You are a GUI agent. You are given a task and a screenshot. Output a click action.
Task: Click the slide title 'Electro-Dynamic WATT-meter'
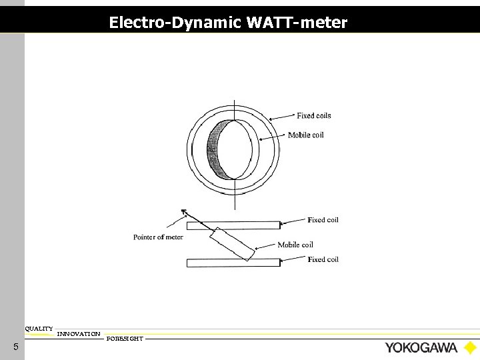coord(228,23)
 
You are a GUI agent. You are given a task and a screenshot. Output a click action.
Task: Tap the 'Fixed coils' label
coord(313,115)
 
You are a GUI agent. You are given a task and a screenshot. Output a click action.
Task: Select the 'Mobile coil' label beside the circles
coord(305,135)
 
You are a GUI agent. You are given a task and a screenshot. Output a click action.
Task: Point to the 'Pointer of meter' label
coord(158,237)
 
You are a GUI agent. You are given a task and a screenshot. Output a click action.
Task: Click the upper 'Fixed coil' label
coord(323,220)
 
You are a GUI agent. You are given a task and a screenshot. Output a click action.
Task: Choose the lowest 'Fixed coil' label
coord(323,259)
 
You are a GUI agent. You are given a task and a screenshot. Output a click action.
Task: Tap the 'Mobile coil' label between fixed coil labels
coord(295,245)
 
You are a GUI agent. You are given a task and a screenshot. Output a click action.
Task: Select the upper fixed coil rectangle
coord(233,225)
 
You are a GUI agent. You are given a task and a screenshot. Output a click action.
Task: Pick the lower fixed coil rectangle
coord(233,263)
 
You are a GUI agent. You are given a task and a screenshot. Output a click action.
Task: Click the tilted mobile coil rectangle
coord(232,244)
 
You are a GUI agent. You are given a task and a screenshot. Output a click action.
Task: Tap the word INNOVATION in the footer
coord(79,333)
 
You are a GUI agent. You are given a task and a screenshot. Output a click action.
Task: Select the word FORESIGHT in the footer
coord(125,339)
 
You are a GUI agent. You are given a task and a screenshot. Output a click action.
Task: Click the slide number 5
coord(15,347)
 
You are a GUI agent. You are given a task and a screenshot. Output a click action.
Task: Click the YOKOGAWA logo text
coord(421,347)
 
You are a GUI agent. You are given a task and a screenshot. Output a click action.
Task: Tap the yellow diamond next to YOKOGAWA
coord(470,347)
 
